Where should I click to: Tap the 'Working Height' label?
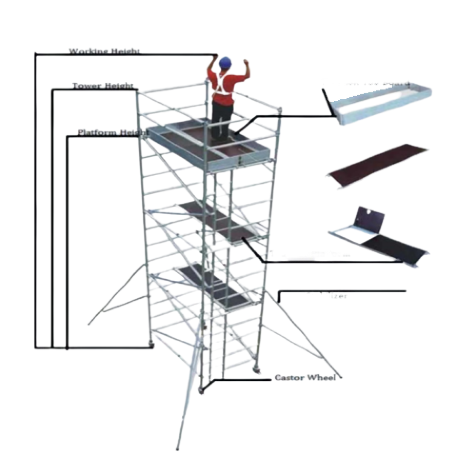pyautogui.click(x=104, y=50)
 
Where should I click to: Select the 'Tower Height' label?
pyautogui.click(x=103, y=86)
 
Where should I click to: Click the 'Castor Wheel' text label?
pyautogui.click(x=305, y=377)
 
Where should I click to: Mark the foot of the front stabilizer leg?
pyautogui.click(x=178, y=448)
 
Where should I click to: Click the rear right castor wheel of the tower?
pyautogui.click(x=258, y=370)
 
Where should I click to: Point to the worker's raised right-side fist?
pyautogui.click(x=246, y=62)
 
